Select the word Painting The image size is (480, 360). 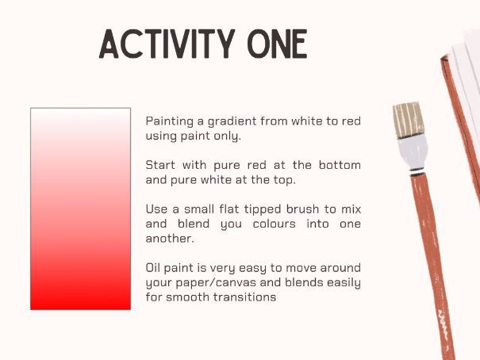click(x=170, y=122)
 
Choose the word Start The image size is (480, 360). click(x=161, y=165)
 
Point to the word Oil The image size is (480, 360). click(x=154, y=267)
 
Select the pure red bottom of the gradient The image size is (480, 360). click(x=80, y=301)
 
